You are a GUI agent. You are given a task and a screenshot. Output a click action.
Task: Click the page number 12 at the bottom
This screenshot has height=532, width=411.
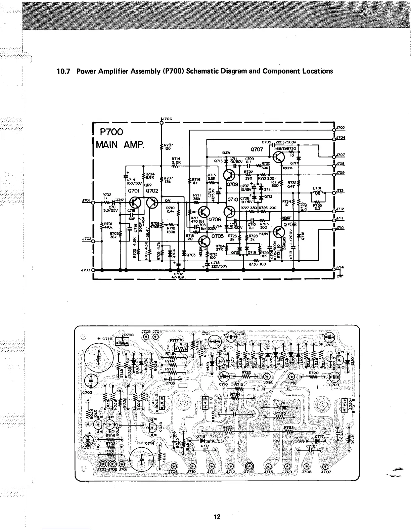pyautogui.click(x=217, y=516)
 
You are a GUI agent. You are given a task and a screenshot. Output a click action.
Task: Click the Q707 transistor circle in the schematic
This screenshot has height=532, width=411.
pyautogui.click(x=279, y=157)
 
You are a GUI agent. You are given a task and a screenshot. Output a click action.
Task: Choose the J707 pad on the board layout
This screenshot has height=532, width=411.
pyautogui.click(x=325, y=466)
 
